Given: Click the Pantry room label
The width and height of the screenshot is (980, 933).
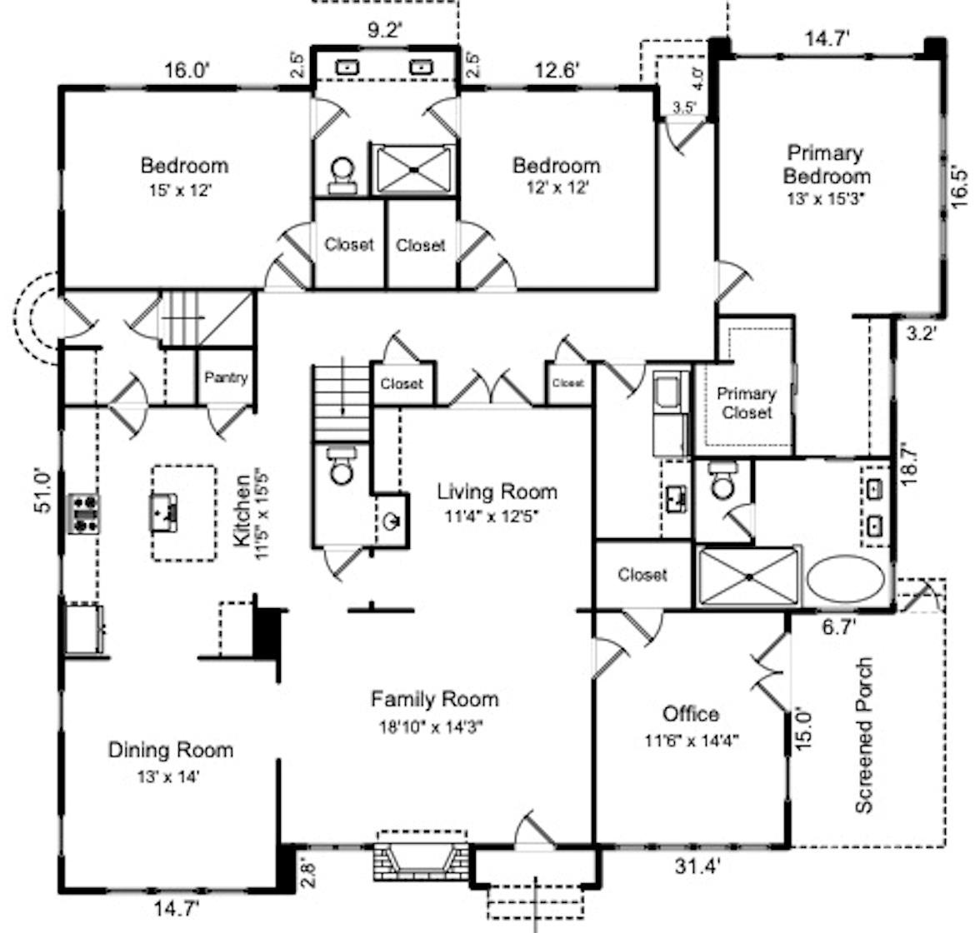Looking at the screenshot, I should (x=226, y=377).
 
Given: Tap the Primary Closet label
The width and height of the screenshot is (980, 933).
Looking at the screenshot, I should (x=747, y=402).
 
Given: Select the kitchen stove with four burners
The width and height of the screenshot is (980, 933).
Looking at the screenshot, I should (x=83, y=513).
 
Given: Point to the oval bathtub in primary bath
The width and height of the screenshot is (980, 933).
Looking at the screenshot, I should (x=847, y=578).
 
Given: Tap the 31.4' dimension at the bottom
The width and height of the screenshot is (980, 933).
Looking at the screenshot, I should (x=696, y=867).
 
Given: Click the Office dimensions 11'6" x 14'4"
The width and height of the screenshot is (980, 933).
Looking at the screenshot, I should (x=691, y=739).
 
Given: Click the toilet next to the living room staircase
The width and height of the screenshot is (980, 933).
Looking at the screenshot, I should (x=341, y=467).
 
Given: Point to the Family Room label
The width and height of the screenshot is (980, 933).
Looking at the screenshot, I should (x=434, y=698).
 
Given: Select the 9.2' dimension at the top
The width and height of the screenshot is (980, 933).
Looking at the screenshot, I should (x=385, y=31).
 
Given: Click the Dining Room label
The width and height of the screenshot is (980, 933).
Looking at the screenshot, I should (x=170, y=750).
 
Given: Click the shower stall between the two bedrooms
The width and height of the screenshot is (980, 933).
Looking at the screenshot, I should (x=413, y=169).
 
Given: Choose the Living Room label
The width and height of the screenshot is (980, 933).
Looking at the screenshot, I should (x=497, y=491).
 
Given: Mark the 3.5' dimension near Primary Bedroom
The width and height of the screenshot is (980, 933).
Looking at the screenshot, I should (x=684, y=107).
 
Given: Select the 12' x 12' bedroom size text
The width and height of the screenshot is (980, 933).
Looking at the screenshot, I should (x=556, y=188).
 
